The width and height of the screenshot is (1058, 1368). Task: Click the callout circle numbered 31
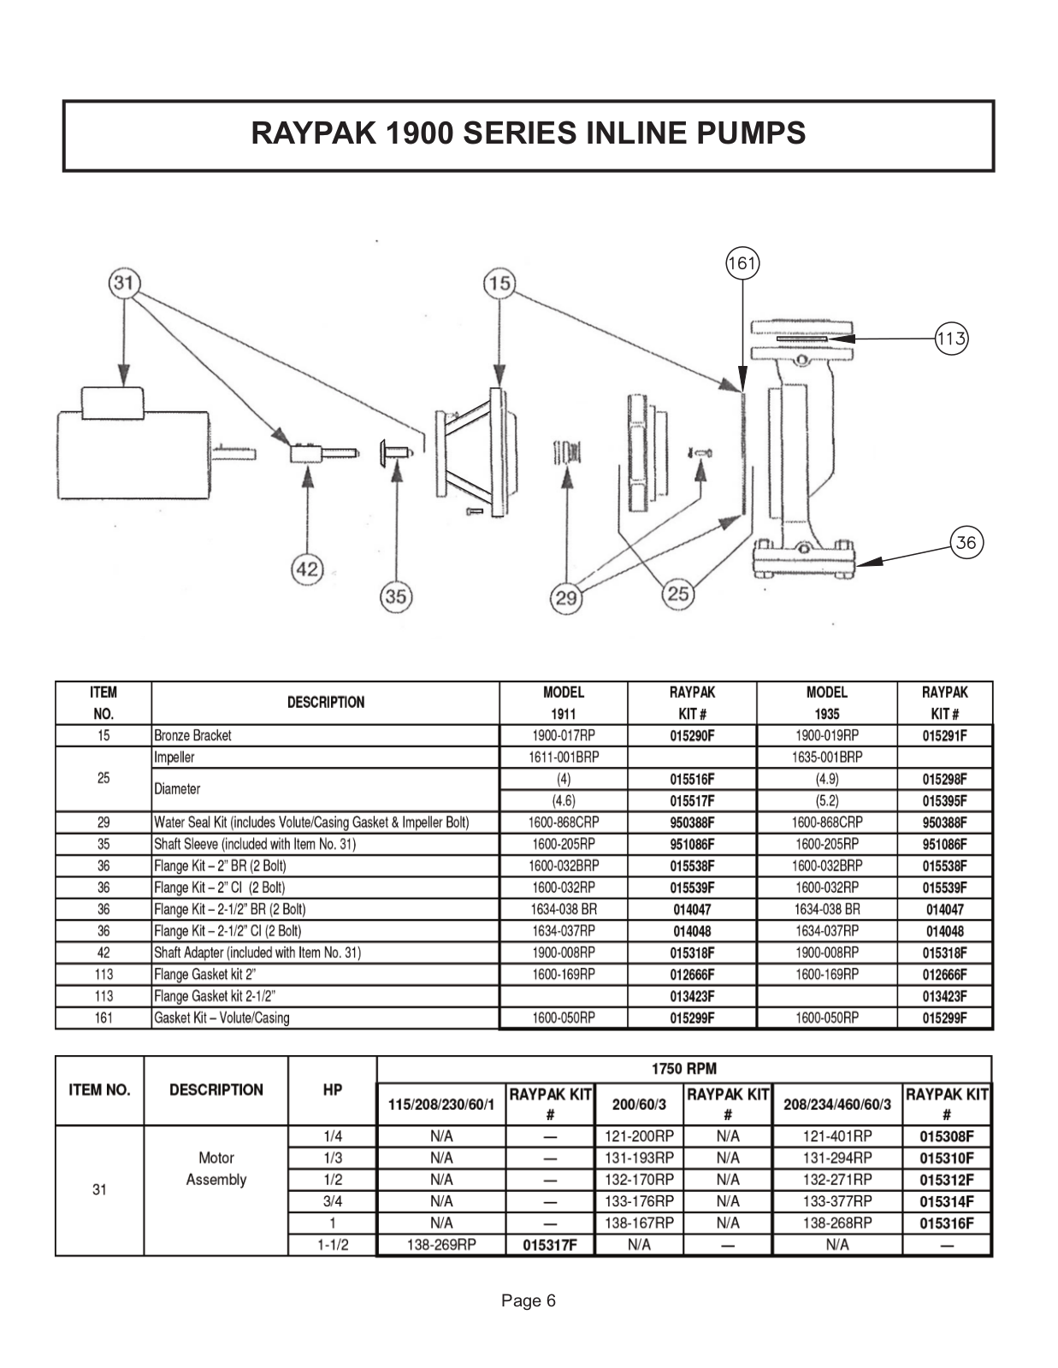tap(125, 282)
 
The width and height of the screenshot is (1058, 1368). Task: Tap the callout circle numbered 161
tap(742, 263)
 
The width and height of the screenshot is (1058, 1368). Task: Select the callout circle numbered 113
tap(951, 339)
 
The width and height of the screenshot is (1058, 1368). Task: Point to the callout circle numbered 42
tap(307, 569)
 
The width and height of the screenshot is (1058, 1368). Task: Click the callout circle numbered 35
tap(395, 596)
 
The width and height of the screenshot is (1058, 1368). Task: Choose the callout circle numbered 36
tap(966, 542)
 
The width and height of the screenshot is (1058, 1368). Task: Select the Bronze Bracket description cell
tap(325, 735)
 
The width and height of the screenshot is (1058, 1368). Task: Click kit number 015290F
tap(692, 735)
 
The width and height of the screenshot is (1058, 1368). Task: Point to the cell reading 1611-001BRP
tap(564, 757)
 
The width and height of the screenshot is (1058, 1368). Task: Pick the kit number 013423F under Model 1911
tap(692, 996)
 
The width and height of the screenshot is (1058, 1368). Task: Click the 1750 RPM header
tap(684, 1068)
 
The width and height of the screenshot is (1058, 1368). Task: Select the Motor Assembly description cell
tap(216, 1169)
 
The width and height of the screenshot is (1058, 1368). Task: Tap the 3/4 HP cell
tap(333, 1201)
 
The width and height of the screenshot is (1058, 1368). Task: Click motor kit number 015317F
tap(550, 1245)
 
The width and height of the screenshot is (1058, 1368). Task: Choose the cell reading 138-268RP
tap(837, 1223)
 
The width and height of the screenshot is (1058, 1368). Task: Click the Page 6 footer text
tap(529, 1301)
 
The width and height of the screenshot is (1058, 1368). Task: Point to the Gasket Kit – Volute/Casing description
tap(222, 1017)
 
